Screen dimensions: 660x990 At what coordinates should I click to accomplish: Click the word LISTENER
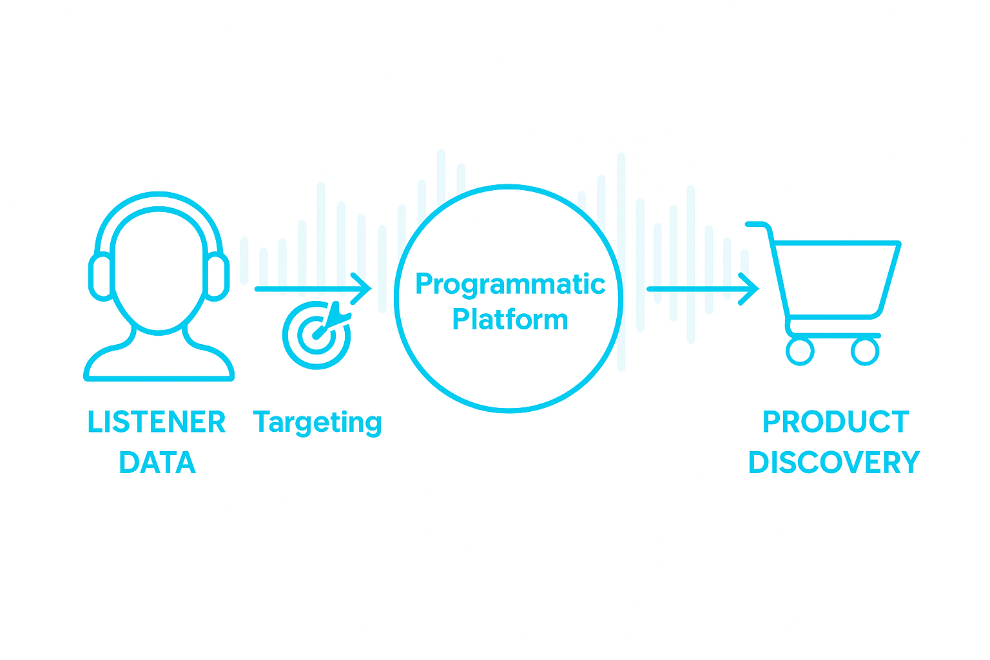coord(157,422)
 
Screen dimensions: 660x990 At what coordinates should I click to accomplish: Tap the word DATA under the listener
coord(157,463)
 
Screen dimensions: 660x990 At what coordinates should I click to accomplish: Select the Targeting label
coord(317,423)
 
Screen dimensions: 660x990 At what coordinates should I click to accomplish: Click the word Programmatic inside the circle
coord(510,284)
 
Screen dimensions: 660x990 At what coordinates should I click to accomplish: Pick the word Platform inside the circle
coord(510,320)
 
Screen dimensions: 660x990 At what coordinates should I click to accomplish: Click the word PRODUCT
coord(835,422)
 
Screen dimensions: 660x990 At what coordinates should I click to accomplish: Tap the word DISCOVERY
coord(834,463)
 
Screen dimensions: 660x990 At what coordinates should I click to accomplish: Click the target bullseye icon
coord(315,335)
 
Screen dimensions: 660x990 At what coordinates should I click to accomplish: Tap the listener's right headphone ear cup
coord(217,277)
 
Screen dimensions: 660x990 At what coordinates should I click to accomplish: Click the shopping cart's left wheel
coord(800,351)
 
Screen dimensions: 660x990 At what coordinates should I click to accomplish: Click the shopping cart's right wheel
coord(865,351)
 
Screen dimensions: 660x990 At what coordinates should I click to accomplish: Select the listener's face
coord(159,271)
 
